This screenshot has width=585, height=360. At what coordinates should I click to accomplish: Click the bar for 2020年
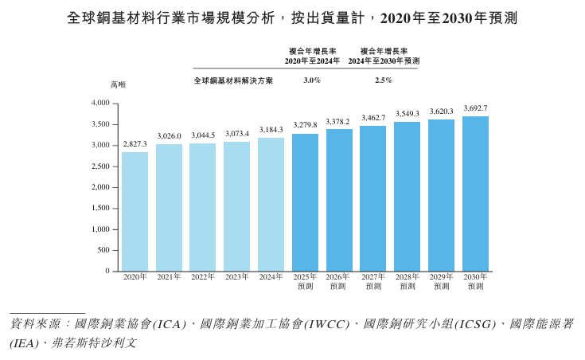135,211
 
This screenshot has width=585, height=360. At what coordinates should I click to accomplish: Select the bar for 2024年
271,204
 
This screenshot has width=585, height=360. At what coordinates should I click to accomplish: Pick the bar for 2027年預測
372,198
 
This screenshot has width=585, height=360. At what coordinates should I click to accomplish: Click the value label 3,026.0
169,136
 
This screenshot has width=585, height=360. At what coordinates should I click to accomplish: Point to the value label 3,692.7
475,108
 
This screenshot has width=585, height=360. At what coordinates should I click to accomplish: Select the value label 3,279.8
305,125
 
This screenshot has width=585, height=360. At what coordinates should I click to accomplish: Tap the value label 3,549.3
407,114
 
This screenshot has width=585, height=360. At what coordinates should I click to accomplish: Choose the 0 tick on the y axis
107,271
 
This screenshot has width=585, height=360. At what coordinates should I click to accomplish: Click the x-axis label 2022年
203,277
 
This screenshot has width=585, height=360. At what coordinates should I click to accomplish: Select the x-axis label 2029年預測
441,281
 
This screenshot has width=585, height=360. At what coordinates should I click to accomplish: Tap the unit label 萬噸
118,84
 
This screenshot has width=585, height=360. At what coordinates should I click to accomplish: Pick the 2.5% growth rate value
384,80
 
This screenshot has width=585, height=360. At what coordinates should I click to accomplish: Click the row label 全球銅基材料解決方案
233,80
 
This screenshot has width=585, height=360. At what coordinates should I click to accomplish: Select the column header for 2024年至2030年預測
384,56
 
